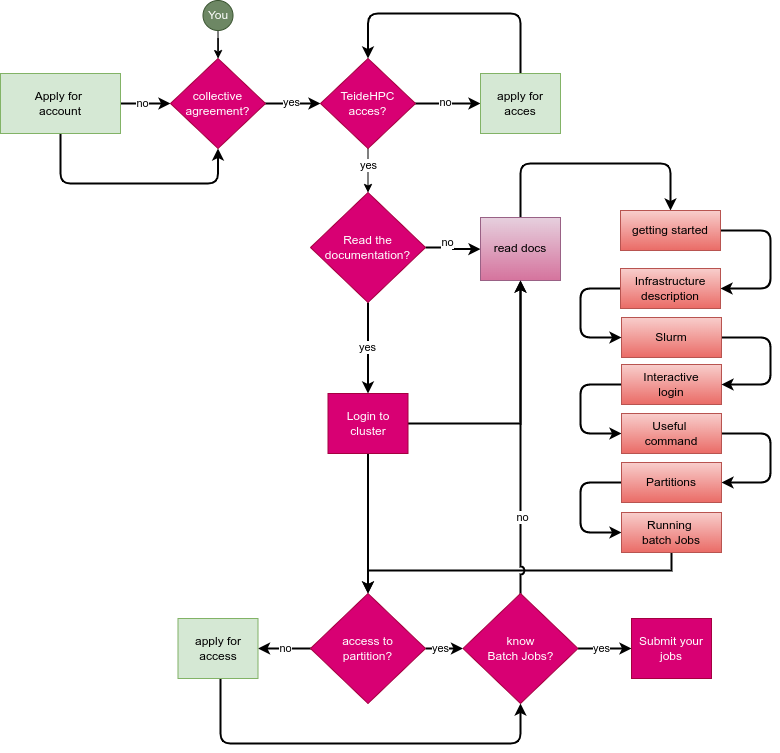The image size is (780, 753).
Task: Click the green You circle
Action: [218, 15]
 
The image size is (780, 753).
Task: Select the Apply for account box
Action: [60, 104]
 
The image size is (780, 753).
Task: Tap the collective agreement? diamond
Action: [217, 104]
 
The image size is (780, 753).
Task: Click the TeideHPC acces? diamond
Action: [367, 104]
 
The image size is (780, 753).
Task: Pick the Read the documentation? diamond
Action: [367, 248]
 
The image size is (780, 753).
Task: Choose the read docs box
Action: [520, 249]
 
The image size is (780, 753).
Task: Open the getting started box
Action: [670, 231]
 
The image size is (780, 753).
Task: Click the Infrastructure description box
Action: [670, 289]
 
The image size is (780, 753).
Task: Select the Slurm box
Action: [671, 338]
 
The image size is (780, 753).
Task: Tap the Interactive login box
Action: [671, 385]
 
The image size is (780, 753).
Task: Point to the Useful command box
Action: [671, 434]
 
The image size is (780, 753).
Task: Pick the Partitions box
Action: [671, 483]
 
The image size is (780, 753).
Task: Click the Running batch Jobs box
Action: [671, 533]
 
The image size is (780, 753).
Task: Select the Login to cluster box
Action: [368, 424]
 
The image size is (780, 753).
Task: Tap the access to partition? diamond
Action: [367, 649]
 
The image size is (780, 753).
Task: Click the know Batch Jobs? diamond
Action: [520, 649]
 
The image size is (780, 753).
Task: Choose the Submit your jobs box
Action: [671, 649]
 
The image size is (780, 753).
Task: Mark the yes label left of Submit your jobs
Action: [601, 649]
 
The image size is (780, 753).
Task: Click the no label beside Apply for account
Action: [142, 104]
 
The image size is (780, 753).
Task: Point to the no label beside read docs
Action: [447, 243]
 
